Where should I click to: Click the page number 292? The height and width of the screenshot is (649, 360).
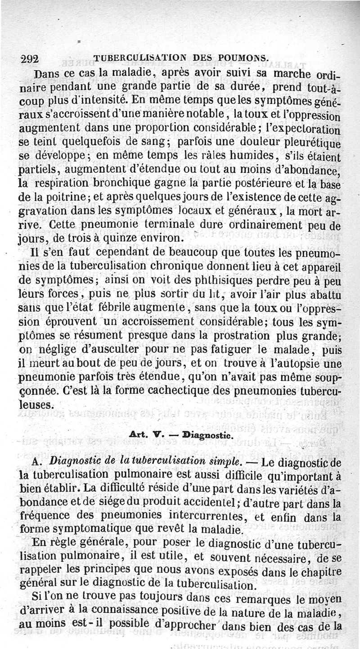pyautogui.click(x=30, y=59)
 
